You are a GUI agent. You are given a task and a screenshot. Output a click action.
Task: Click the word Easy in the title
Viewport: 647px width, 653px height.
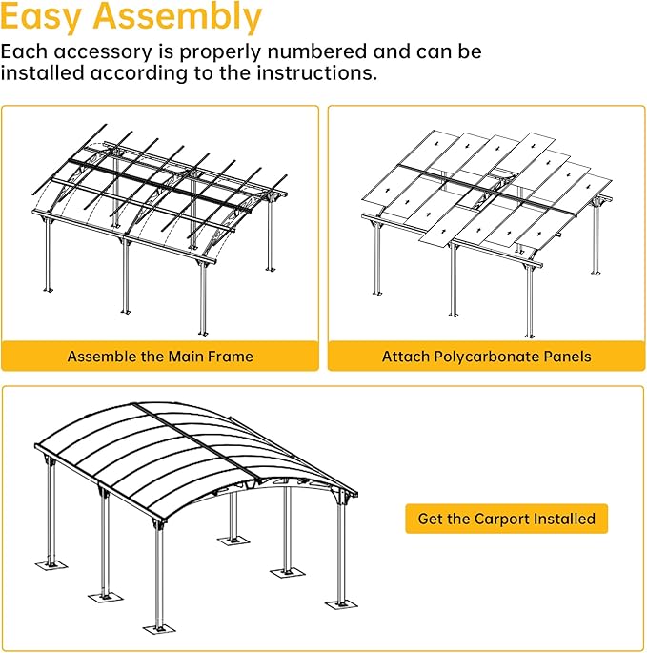click(x=38, y=18)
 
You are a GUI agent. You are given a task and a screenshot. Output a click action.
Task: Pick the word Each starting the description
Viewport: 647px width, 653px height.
click(x=23, y=51)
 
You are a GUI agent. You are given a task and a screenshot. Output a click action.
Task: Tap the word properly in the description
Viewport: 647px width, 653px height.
click(x=205, y=51)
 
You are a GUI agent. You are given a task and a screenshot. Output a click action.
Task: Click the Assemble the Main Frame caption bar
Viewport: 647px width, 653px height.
click(x=160, y=357)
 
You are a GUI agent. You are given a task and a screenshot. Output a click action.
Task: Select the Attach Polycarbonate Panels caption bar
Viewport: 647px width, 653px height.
click(x=486, y=357)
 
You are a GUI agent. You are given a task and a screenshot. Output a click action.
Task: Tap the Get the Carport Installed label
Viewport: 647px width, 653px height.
click(x=506, y=520)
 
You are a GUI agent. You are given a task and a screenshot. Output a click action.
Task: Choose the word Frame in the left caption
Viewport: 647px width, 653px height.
click(x=231, y=357)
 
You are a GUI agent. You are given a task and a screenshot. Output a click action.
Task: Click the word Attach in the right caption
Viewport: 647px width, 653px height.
click(x=405, y=357)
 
